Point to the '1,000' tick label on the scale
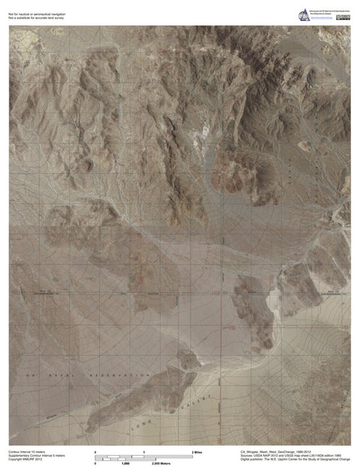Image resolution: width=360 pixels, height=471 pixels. point(125,465)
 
